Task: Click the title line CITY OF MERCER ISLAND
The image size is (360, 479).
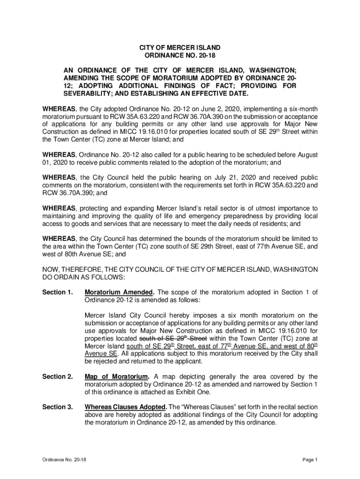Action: click(x=180, y=48)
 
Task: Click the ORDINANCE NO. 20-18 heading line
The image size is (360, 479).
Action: click(x=180, y=56)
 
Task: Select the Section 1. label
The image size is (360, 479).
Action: click(x=58, y=293)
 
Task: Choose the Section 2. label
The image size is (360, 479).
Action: click(x=58, y=377)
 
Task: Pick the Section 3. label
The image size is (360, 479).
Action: click(x=58, y=407)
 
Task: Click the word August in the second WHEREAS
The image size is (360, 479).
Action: click(x=306, y=155)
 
